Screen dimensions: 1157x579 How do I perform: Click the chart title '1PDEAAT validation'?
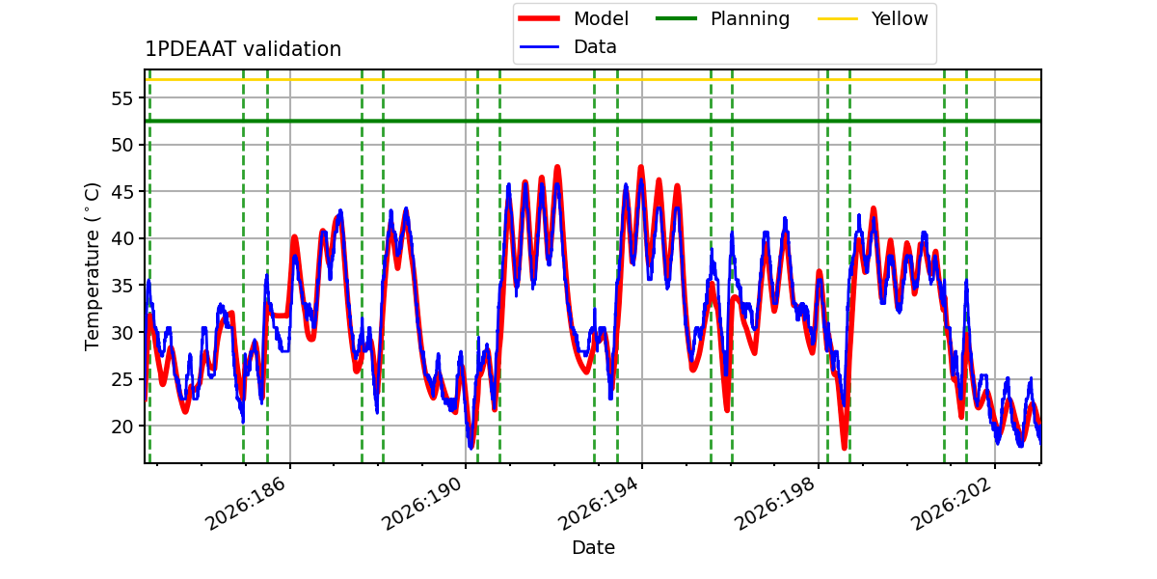click(x=243, y=49)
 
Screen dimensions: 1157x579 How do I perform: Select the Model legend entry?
click(x=574, y=18)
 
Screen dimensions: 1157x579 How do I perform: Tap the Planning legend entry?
click(x=722, y=18)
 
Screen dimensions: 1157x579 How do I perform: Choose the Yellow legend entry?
click(x=873, y=18)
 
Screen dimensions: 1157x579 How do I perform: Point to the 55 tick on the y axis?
click(x=122, y=98)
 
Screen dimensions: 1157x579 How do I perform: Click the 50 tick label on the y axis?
click(x=122, y=145)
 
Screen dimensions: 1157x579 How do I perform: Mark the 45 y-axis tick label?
click(x=122, y=192)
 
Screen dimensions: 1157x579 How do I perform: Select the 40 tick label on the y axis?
click(x=122, y=239)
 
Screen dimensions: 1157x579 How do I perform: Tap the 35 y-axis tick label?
click(x=122, y=286)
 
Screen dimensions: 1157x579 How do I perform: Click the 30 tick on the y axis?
click(x=122, y=332)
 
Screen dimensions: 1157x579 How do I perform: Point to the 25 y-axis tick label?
click(x=122, y=379)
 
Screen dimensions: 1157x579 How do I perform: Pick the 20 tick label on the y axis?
click(x=122, y=427)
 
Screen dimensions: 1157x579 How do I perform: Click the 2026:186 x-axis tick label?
click(x=245, y=503)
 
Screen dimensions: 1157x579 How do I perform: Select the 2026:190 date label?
click(x=421, y=503)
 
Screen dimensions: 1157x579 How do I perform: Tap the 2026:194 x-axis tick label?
click(x=598, y=503)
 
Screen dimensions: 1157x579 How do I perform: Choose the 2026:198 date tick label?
click(x=774, y=503)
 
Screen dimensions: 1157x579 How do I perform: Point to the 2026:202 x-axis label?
click(x=951, y=503)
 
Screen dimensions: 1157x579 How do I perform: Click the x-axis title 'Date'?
click(x=594, y=547)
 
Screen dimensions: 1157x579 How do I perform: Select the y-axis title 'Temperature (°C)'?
click(x=92, y=266)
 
